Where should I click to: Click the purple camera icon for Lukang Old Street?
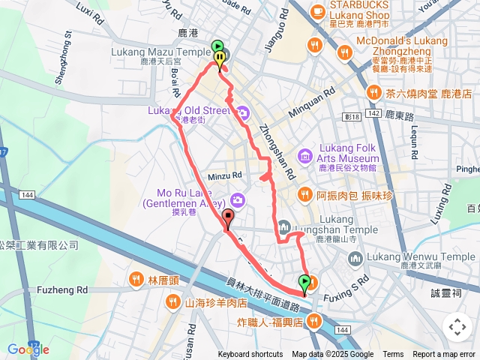pyautogui.click(x=243, y=113)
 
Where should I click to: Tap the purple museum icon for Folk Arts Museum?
pyautogui.click(x=304, y=156)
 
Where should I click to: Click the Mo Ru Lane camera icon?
pyautogui.click(x=238, y=199)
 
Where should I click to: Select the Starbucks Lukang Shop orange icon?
pyautogui.click(x=317, y=11)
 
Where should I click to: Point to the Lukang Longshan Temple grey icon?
pyautogui.click(x=284, y=226)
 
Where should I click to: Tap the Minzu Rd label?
pyautogui.click(x=226, y=175)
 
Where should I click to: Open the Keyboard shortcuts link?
pyautogui.click(x=250, y=355)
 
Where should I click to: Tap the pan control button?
pyautogui.click(x=456, y=326)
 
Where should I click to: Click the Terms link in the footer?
pyautogui.click(x=393, y=355)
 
